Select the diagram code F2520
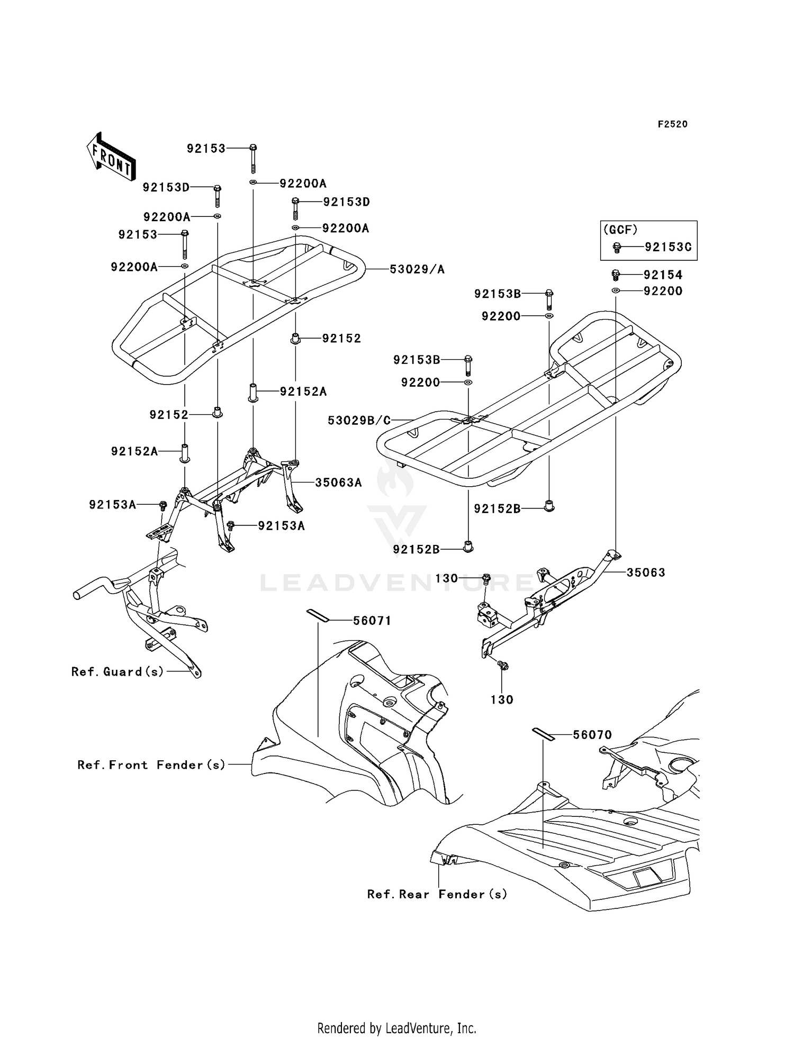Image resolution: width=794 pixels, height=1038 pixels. tap(672, 124)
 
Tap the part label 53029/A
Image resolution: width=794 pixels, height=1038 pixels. tap(417, 270)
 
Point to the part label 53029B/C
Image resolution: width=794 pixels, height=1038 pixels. tap(359, 420)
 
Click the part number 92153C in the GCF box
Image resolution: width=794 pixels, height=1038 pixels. tap(667, 247)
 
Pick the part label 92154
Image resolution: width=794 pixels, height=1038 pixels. tap(663, 275)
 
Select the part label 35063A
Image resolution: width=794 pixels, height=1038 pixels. tap(338, 482)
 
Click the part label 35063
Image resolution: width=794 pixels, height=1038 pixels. tap(646, 572)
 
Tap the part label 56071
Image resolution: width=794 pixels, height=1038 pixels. tap(372, 621)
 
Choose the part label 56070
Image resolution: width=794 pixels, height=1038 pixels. tap(592, 735)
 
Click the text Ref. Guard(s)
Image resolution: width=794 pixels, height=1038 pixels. tap(118, 672)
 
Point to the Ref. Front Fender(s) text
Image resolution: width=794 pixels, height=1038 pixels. tap(151, 765)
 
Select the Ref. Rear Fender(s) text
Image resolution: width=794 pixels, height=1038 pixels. tap(437, 894)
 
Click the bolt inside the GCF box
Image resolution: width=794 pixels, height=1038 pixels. tap(617, 247)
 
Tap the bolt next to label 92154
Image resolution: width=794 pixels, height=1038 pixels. tap(616, 275)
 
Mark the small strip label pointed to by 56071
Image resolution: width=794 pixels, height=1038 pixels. tap(318, 615)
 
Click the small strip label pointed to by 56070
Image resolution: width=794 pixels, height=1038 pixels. tap(543, 733)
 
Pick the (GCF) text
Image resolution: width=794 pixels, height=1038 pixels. tap(620, 230)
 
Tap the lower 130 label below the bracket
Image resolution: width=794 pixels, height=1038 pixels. tap(502, 700)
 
